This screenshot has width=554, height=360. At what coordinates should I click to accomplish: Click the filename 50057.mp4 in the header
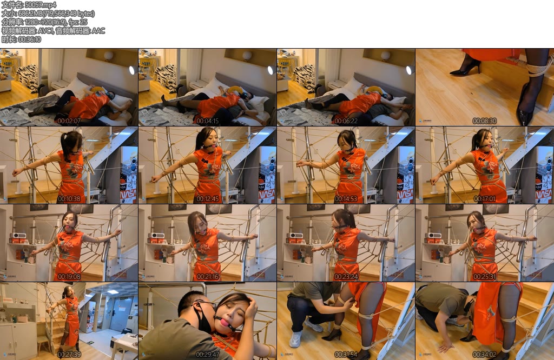point(41,5)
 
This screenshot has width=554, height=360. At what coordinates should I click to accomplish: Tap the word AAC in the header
point(98,31)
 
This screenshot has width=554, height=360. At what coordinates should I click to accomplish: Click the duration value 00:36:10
point(30,39)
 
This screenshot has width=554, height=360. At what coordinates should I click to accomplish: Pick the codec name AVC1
point(45,31)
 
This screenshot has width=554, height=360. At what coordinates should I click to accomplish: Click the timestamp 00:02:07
point(69,121)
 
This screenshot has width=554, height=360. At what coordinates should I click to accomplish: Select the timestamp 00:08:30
point(484,121)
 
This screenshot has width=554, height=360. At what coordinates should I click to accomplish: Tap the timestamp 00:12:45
point(207,199)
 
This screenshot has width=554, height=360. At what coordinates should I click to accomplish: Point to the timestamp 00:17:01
point(484,199)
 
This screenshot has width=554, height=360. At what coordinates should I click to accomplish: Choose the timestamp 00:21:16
point(207,277)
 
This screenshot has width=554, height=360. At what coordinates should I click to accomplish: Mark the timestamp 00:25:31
point(484,277)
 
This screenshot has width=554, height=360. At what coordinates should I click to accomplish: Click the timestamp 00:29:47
point(207,355)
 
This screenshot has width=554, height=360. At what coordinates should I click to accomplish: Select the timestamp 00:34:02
point(484,355)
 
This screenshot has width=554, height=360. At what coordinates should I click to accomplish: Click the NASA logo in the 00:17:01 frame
point(544,194)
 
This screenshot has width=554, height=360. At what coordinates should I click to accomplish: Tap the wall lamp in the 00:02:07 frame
point(108,56)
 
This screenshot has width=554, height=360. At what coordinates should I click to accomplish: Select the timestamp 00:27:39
point(69,355)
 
